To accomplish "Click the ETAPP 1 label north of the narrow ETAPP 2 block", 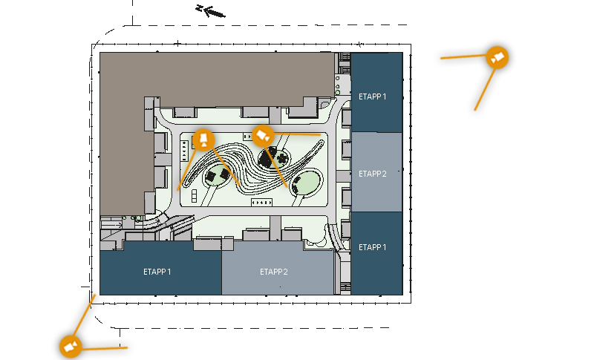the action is click(372, 96).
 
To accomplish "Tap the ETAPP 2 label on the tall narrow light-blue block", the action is click(372, 174).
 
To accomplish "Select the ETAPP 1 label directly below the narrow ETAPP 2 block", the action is click(372, 247).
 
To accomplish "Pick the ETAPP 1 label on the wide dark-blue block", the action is click(157, 272).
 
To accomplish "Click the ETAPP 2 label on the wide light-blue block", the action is click(274, 272).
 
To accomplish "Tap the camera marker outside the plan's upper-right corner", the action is click(497, 58).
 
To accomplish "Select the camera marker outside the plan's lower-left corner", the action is click(71, 347).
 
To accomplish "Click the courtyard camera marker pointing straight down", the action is click(203, 140).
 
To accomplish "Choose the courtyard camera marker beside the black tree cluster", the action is click(263, 136).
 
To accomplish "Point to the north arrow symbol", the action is click(211, 11).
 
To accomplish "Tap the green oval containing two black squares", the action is click(217, 175).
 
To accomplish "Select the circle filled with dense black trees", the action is click(274, 157).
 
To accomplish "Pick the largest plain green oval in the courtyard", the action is click(307, 183).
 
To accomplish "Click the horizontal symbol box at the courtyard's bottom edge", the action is click(261, 203).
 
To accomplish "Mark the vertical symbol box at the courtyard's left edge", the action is click(185, 151).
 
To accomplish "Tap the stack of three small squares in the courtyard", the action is click(195, 196).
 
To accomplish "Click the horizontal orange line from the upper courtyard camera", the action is click(297, 134).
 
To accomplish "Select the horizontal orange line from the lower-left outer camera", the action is click(104, 348).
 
